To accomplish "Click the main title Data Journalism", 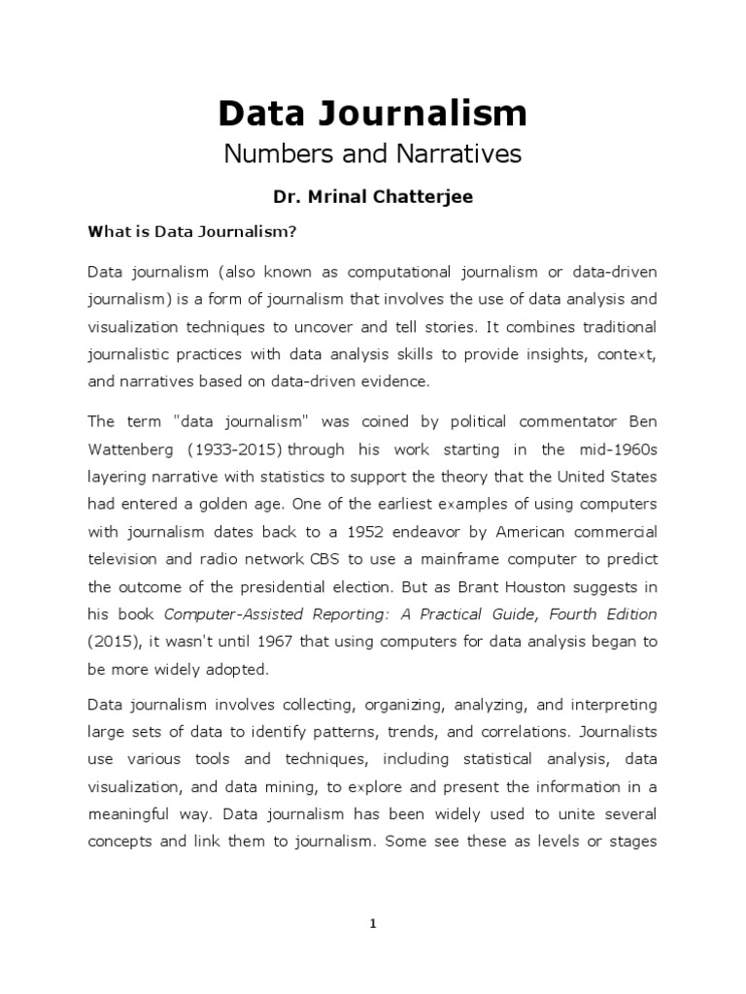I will tap(372, 114).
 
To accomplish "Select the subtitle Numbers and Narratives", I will tap(372, 153).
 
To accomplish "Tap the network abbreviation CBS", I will tap(312, 559).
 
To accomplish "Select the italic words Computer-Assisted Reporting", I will tap(260, 613).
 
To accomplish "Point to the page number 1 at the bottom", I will tap(372, 924).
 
